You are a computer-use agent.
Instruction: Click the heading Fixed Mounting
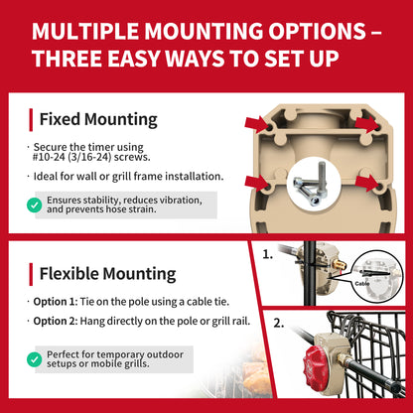coord(98,119)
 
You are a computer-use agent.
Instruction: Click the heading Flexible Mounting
coord(107,274)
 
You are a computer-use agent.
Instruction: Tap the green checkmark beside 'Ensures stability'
coord(35,206)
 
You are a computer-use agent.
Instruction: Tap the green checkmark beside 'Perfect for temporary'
coord(35,359)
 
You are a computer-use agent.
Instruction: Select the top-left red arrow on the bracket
coord(258,124)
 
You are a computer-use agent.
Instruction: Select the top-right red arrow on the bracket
coord(366,124)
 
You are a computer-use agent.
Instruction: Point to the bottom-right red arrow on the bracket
coord(367,183)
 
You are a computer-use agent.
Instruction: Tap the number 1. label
coord(268,254)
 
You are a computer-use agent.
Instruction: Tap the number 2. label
coord(279,323)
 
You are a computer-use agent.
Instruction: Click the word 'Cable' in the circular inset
coord(362,284)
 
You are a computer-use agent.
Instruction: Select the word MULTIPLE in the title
coord(85,32)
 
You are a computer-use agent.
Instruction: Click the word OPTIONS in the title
coord(317,32)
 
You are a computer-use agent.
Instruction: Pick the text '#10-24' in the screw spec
coord(49,157)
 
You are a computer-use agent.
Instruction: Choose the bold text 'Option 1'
coord(55,302)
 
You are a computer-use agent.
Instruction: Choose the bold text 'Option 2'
coord(55,321)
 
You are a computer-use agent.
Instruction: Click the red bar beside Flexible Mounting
coord(31,274)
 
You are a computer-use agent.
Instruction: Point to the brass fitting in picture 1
coord(339,264)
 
